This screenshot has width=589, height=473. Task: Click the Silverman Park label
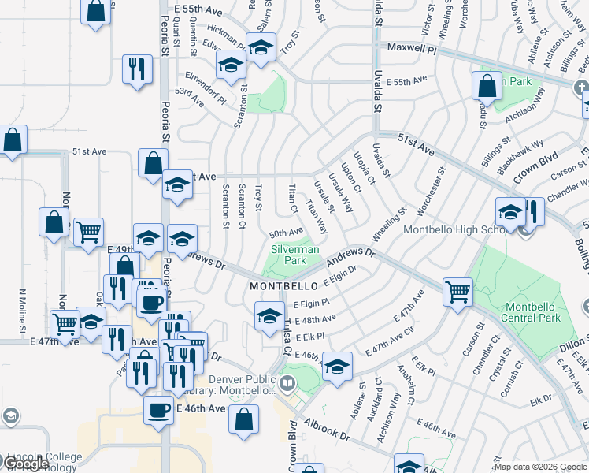click(295, 255)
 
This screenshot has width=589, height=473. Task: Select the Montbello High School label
click(448, 229)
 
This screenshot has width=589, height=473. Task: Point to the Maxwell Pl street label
click(410, 49)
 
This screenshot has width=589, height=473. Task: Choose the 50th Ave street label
click(286, 233)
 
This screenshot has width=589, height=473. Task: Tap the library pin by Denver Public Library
click(288, 385)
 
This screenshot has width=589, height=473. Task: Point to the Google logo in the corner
click(26, 464)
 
